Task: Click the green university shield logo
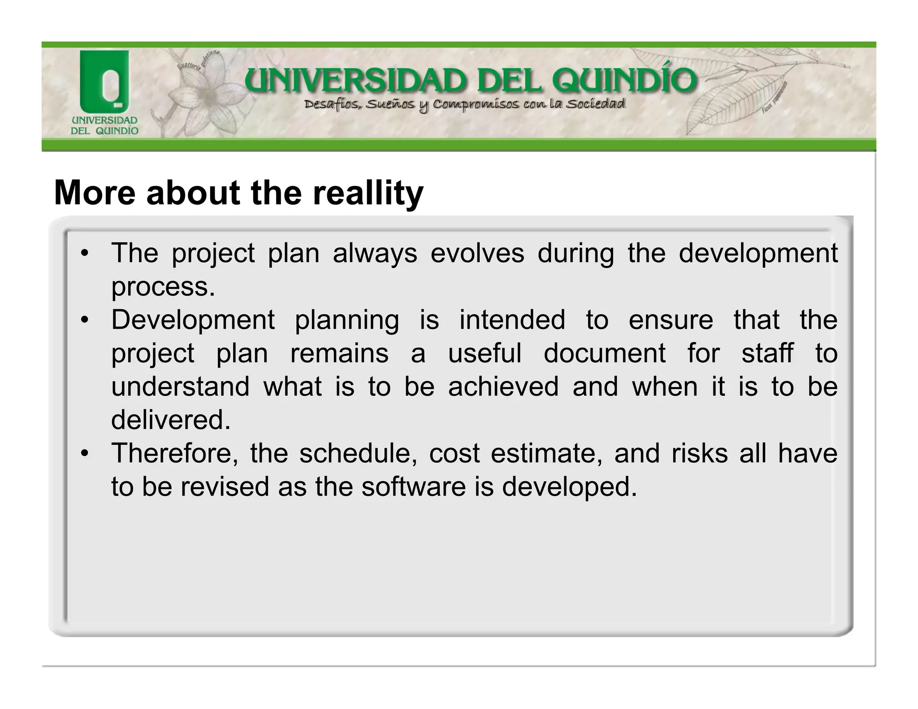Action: coord(104,82)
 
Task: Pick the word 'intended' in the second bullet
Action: coord(512,320)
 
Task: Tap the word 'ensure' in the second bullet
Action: coord(671,320)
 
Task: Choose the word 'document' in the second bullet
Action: coord(605,353)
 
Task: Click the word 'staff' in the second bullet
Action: coord(767,353)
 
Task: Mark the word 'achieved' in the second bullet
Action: coord(503,386)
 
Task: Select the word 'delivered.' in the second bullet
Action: coord(171,420)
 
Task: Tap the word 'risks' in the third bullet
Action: coord(699,453)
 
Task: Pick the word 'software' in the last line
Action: coord(413,487)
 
